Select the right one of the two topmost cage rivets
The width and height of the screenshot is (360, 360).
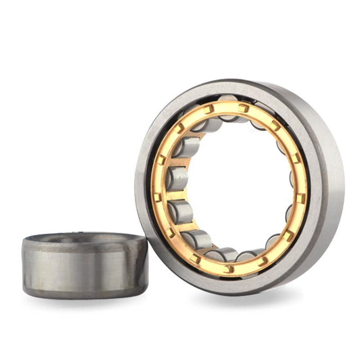[x=243, y=108]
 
